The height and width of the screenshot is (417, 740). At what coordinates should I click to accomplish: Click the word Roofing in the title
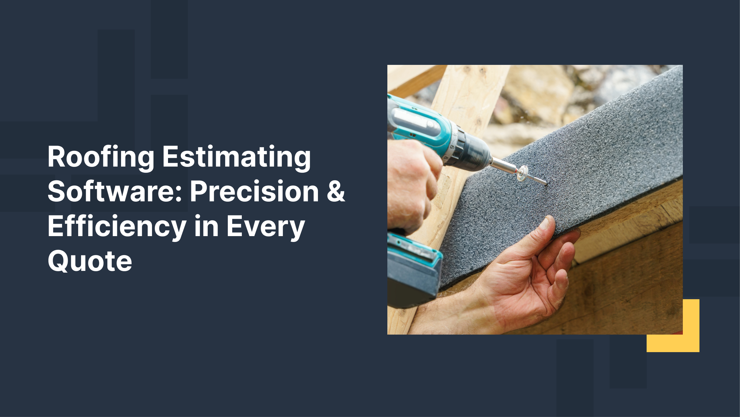pos(101,158)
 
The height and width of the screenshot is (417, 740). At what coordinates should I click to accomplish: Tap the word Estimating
pos(237,158)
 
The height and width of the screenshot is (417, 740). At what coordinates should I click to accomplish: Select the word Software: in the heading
pos(115,192)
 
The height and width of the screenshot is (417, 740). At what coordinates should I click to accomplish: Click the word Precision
pos(254,192)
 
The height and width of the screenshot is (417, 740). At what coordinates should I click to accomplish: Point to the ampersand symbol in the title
pos(336,192)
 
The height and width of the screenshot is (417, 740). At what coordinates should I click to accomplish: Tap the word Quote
pos(90,261)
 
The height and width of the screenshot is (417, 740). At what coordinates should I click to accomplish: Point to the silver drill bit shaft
pos(505,165)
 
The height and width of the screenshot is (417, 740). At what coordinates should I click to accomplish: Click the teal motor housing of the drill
pos(420,123)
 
